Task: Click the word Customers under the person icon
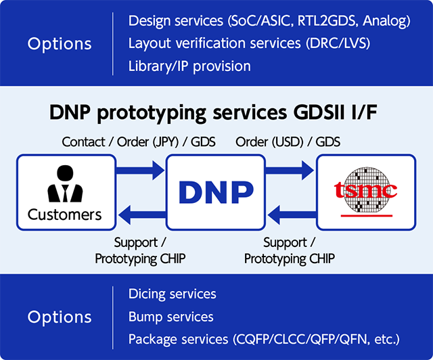click(65, 215)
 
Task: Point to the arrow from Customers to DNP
click(141, 169)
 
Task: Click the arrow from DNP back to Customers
click(141, 216)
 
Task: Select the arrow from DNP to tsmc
click(291, 169)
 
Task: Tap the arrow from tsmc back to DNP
click(291, 216)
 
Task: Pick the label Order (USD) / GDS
click(288, 142)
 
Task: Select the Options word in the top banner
click(60, 44)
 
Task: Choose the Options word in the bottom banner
click(60, 317)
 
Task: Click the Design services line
click(269, 21)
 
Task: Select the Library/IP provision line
click(189, 66)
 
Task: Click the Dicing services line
click(173, 294)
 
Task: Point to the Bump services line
click(171, 317)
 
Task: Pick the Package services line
click(264, 338)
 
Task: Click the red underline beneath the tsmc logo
click(366, 215)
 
